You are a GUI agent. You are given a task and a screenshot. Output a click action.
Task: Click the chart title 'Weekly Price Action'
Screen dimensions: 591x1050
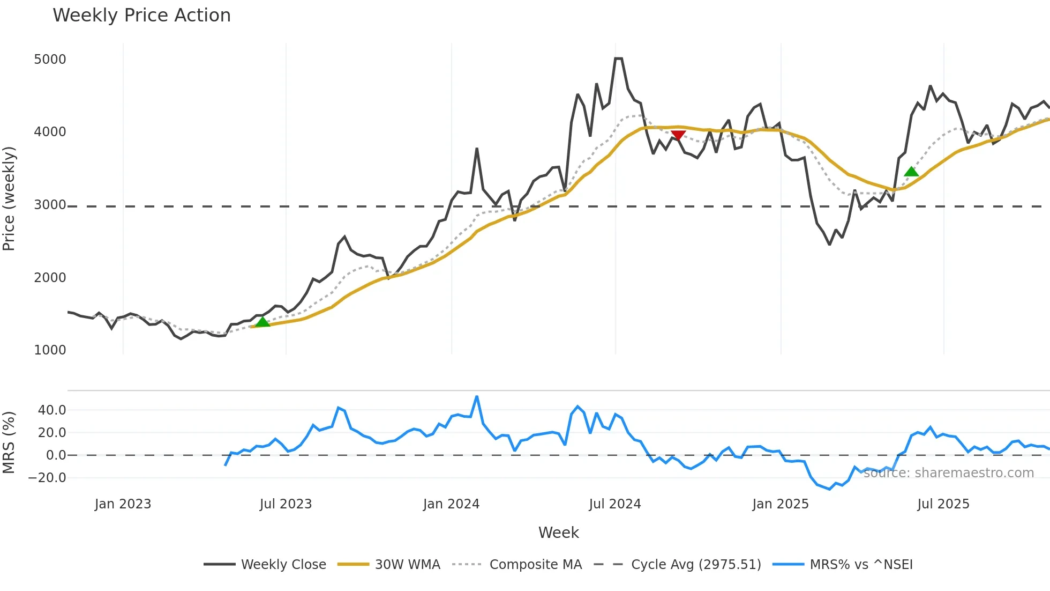click(x=141, y=16)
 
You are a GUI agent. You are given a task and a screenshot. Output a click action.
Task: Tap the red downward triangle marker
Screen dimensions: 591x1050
click(x=678, y=135)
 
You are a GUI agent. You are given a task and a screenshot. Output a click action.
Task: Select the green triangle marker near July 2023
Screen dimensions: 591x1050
click(x=262, y=322)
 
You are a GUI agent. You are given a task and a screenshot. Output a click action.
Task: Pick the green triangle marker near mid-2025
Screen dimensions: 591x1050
click(x=911, y=172)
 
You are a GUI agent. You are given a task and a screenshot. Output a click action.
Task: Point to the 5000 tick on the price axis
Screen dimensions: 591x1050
click(x=50, y=59)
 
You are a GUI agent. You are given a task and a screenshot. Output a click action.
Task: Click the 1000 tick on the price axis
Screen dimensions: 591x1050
click(x=50, y=350)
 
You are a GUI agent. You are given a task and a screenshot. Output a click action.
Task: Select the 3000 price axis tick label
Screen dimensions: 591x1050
click(x=50, y=205)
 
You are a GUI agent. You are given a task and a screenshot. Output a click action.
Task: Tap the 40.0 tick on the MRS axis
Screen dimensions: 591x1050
click(x=52, y=410)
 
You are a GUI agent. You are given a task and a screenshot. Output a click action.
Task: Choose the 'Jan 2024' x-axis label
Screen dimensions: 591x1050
click(x=451, y=504)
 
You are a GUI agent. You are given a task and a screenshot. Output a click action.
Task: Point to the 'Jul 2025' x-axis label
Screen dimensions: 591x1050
click(x=943, y=504)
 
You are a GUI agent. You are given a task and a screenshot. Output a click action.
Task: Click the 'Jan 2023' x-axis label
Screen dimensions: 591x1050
click(x=123, y=504)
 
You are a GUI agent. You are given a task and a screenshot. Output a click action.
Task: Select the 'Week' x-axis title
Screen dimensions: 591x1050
click(x=558, y=533)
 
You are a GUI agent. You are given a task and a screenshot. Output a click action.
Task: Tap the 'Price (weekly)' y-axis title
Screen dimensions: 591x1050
click(x=9, y=198)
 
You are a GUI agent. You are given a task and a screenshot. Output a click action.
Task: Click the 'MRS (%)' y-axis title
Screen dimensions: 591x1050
click(x=9, y=442)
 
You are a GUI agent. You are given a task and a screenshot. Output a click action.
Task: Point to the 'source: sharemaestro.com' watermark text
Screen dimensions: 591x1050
click(x=948, y=473)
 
